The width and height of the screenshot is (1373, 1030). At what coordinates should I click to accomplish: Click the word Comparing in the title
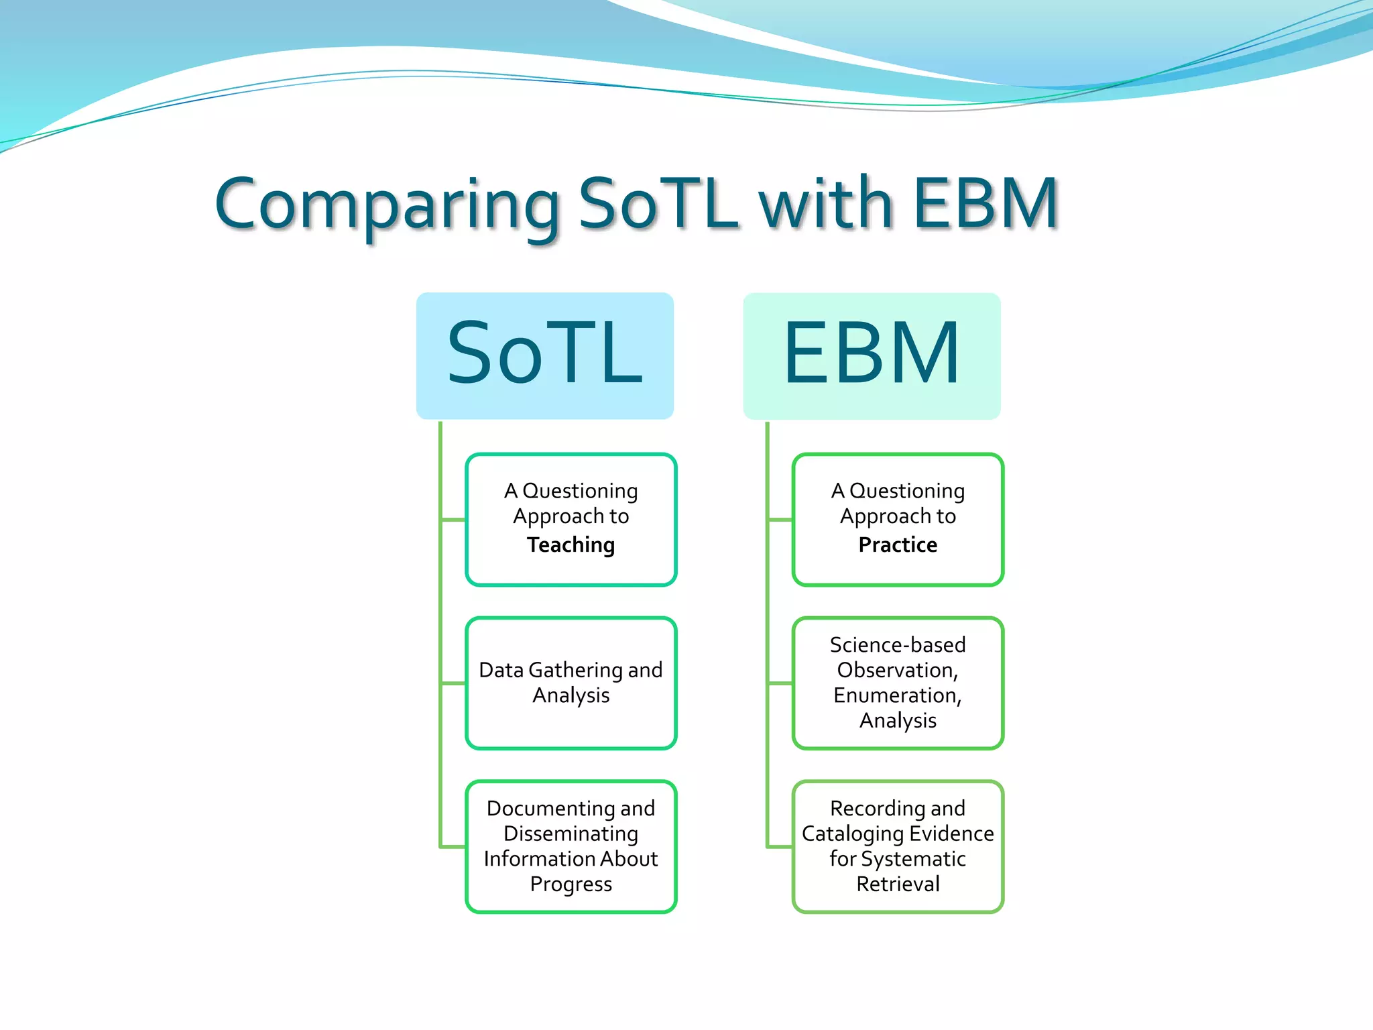point(387,205)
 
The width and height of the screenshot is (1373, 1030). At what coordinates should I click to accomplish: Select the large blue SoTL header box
point(544,355)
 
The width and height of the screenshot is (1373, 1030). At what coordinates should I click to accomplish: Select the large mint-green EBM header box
point(872,355)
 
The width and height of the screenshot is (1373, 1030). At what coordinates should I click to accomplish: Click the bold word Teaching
point(571,545)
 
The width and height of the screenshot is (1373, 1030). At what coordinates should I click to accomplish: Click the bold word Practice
point(898,545)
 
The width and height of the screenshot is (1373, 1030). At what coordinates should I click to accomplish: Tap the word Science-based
point(898,644)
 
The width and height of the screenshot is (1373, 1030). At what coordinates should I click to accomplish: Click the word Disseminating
point(571,834)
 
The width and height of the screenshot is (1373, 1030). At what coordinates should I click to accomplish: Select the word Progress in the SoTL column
point(571,884)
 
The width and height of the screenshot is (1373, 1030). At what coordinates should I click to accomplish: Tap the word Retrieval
point(898,884)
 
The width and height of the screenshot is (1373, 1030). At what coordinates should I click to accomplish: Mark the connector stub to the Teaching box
point(453,520)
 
